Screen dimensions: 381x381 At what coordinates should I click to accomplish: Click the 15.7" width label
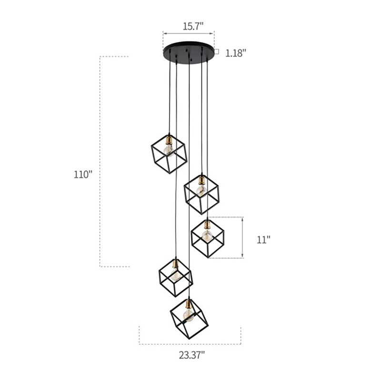[189, 26]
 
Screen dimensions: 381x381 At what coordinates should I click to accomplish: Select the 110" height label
[82, 174]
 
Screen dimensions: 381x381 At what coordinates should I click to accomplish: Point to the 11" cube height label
[263, 240]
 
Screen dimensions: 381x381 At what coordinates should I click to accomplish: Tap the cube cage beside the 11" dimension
[207, 237]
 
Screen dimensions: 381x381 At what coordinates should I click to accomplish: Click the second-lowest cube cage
[175, 277]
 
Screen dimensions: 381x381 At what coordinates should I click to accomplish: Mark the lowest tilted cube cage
[189, 317]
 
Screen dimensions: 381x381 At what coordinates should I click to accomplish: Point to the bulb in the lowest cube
[188, 314]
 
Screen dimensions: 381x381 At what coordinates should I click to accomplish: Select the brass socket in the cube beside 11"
[207, 224]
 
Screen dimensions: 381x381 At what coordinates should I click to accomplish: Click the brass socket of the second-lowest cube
[176, 263]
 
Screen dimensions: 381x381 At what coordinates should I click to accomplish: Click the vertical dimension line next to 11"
[243, 238]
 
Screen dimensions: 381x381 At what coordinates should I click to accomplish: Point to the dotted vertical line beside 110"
[100, 162]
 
